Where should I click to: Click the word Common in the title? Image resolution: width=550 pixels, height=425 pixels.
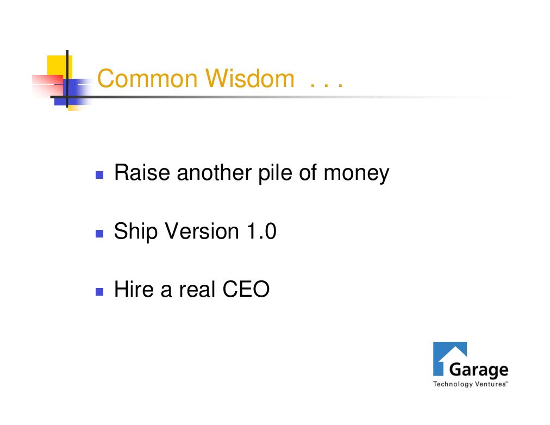pos(147,78)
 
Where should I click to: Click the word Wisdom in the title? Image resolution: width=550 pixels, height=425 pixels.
pos(250,78)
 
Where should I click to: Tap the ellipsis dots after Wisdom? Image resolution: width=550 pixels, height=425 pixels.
pos(327,84)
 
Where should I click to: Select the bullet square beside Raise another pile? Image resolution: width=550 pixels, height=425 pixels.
pos(99,174)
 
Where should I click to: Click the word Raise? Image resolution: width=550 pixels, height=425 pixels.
pos(142,172)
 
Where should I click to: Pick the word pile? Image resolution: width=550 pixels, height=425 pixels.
pos(275,173)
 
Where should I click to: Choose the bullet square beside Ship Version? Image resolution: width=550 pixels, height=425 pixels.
pos(99,234)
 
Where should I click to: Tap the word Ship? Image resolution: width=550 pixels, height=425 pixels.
pos(136,232)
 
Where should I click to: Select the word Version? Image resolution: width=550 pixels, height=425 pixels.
pos(202,232)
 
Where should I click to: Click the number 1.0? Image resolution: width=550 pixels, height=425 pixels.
pos(261,232)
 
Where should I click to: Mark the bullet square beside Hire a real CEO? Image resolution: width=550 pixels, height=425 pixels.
pos(99,292)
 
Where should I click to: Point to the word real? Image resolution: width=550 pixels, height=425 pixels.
pos(197,289)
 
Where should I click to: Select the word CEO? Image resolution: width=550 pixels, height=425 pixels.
pos(246,289)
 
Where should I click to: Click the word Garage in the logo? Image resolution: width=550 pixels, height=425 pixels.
pos(479,370)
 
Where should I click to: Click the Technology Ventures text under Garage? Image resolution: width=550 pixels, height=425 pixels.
pos(470,384)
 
